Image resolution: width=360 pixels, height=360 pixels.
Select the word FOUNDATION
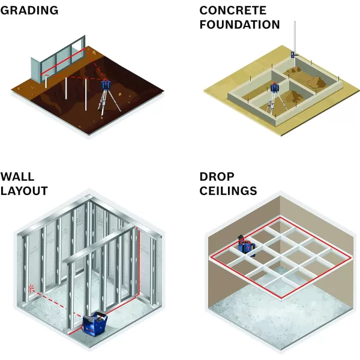(x=239, y=25)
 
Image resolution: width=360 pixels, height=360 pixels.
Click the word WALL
(x=17, y=177)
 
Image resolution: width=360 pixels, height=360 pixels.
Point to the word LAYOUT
(x=24, y=191)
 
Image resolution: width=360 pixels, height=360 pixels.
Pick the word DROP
(x=217, y=177)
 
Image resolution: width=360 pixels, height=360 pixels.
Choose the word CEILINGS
(x=229, y=191)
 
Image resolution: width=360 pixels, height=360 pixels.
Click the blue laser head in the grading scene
(x=106, y=85)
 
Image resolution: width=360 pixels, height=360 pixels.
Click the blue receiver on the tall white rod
(x=294, y=53)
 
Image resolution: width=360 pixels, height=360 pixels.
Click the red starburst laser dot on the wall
(x=31, y=287)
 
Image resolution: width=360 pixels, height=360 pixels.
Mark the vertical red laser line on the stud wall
(x=140, y=264)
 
